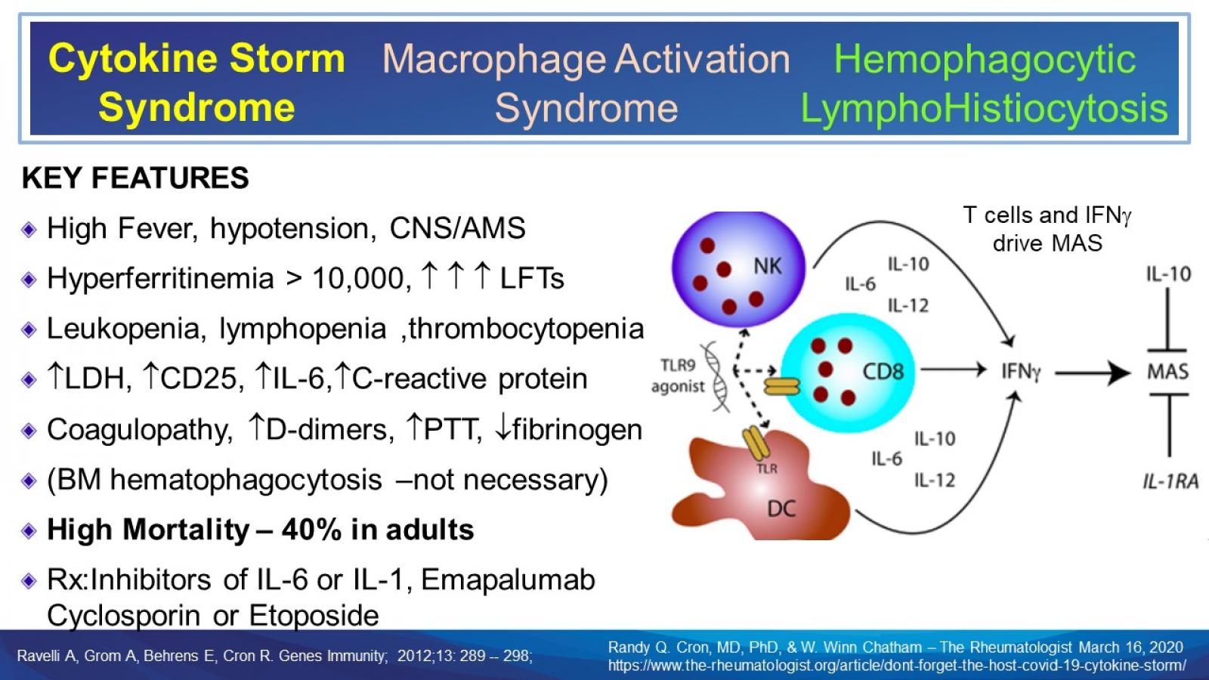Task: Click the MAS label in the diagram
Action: point(1167,372)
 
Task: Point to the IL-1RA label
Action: point(1170,481)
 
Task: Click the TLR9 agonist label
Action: point(678,376)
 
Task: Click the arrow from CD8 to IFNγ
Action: point(954,370)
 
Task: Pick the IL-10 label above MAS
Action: point(1167,274)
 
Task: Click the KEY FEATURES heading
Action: point(135,178)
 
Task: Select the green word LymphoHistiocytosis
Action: point(984,108)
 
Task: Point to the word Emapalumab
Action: point(508,580)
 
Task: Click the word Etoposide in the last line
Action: point(314,615)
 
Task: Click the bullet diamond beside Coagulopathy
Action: point(29,431)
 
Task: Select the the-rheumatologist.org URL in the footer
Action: point(897,666)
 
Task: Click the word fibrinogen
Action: point(577,429)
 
